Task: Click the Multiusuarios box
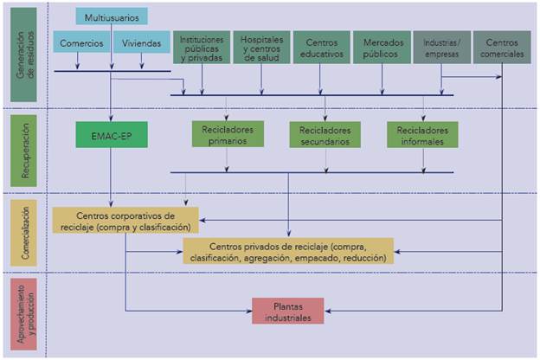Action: click(112, 16)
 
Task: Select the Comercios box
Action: click(81, 42)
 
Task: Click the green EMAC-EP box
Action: click(111, 135)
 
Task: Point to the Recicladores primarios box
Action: click(227, 135)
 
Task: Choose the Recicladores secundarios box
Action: click(325, 135)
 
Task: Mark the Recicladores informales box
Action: click(422, 135)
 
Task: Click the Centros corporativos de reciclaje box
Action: click(125, 221)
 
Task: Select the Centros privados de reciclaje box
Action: click(287, 252)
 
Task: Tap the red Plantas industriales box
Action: click(288, 311)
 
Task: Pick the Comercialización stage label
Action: click(23, 232)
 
